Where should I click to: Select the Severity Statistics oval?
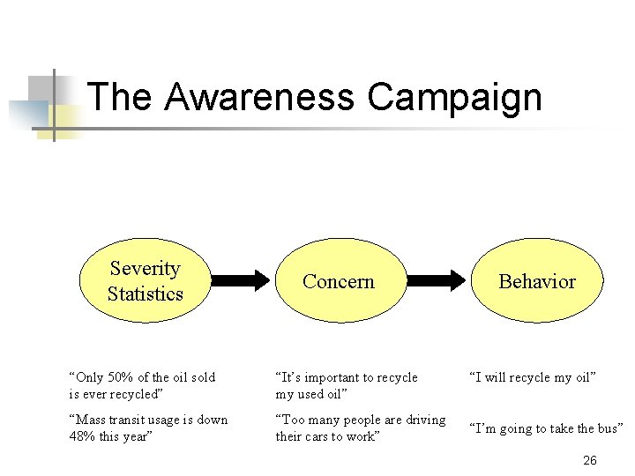(x=145, y=281)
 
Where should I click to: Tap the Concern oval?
(x=339, y=281)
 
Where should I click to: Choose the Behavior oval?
(x=536, y=281)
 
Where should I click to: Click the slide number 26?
(x=590, y=461)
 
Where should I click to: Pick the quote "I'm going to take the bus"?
(x=546, y=428)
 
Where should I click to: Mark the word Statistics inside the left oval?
(x=145, y=294)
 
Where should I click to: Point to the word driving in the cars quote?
(x=425, y=420)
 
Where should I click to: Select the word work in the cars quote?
(x=360, y=435)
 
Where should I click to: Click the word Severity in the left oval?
(x=145, y=269)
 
